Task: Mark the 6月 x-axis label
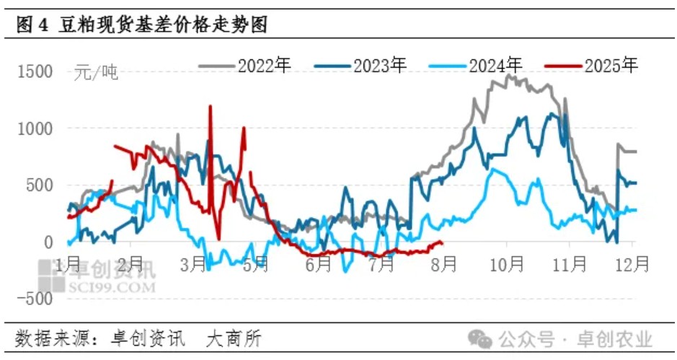[x=318, y=264]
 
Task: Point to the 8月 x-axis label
[x=443, y=264]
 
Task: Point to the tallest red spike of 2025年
[x=210, y=107]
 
